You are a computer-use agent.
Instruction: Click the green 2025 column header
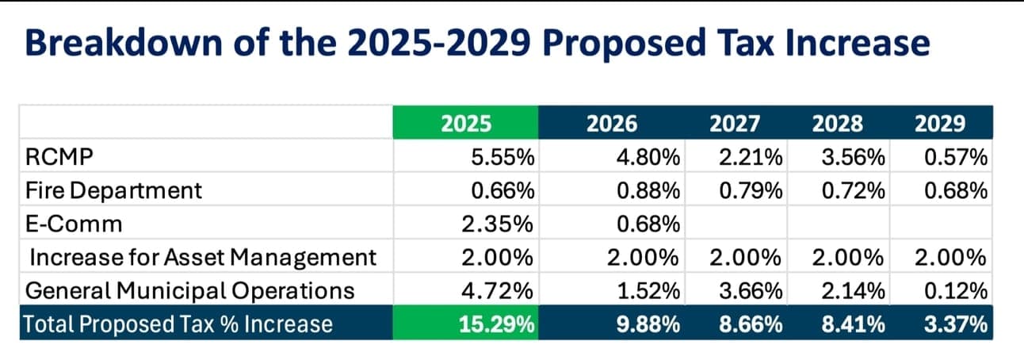click(466, 123)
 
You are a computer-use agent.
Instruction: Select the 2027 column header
click(735, 123)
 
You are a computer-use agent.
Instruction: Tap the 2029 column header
click(940, 123)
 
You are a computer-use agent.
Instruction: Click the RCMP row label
click(59, 157)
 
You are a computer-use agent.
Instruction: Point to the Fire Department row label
click(113, 190)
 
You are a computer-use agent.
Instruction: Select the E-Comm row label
click(74, 224)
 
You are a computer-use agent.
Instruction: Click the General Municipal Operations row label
click(189, 291)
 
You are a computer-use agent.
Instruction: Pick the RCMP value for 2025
click(502, 157)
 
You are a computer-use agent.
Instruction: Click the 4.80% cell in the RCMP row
click(648, 157)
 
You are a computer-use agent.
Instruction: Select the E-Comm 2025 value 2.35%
click(498, 224)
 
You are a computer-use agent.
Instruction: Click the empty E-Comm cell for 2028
click(839, 222)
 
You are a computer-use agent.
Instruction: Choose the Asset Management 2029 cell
click(950, 258)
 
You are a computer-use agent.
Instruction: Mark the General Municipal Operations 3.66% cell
click(751, 291)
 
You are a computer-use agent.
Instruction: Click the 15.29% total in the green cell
click(496, 324)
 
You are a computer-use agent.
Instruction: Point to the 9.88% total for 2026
click(648, 324)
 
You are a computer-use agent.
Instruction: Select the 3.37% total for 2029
click(955, 324)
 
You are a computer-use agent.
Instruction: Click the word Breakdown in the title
click(124, 43)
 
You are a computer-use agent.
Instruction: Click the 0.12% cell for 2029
click(956, 291)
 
